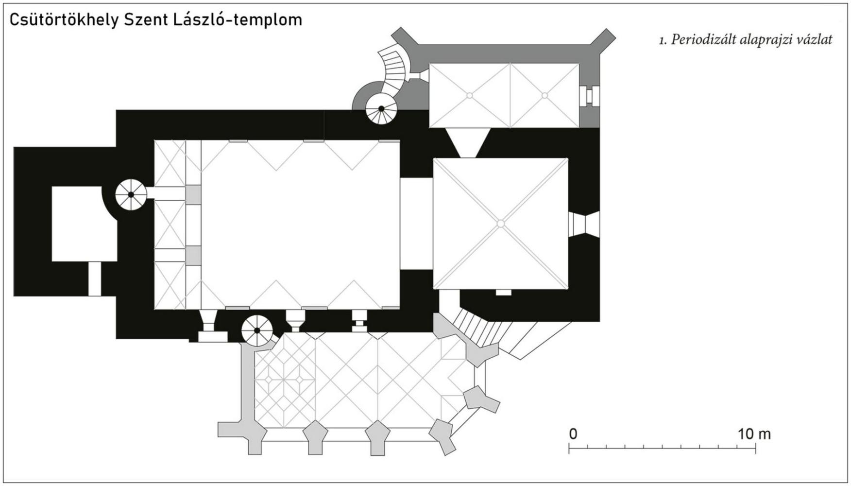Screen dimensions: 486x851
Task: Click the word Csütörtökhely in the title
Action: coord(63,20)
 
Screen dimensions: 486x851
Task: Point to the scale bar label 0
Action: coord(573,434)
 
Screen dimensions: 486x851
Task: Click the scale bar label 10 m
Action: coord(754,434)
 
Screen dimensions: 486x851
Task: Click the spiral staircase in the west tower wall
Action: coord(131,195)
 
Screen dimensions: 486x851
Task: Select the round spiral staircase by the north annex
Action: coord(381,108)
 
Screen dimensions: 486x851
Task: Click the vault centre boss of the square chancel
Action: coord(501,224)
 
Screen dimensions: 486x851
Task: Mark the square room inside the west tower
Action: coord(84,224)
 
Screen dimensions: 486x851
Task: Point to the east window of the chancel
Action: coord(583,224)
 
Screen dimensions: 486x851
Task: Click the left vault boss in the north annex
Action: coord(469,96)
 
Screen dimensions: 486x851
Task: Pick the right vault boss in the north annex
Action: coord(544,96)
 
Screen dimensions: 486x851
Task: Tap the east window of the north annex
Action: coord(589,95)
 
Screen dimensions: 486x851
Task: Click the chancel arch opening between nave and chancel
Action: coord(416,224)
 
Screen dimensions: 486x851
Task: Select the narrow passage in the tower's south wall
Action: coord(94,278)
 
